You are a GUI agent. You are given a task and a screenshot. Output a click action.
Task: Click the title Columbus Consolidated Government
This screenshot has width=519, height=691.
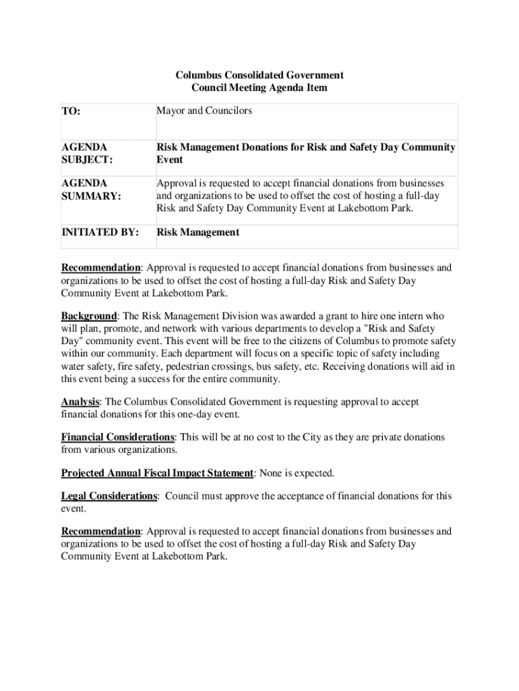(259, 75)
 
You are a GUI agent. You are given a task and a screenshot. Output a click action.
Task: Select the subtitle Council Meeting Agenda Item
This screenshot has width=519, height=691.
(259, 88)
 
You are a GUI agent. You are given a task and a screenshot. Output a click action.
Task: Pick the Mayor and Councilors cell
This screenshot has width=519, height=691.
(204, 110)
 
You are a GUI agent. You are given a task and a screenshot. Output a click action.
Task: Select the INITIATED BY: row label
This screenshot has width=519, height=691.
(100, 232)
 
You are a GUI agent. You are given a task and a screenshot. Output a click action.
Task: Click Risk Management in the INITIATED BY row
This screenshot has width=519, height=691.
(197, 232)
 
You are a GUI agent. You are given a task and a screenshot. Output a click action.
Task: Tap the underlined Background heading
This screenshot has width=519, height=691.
(89, 315)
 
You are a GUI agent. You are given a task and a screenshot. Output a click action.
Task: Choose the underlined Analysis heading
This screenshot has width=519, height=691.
(81, 402)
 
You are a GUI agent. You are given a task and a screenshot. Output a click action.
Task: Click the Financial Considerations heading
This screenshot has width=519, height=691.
(118, 437)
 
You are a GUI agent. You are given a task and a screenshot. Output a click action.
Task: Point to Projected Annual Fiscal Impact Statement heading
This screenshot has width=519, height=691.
(157, 472)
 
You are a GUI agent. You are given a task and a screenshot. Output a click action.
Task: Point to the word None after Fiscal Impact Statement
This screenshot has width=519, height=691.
(271, 472)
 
